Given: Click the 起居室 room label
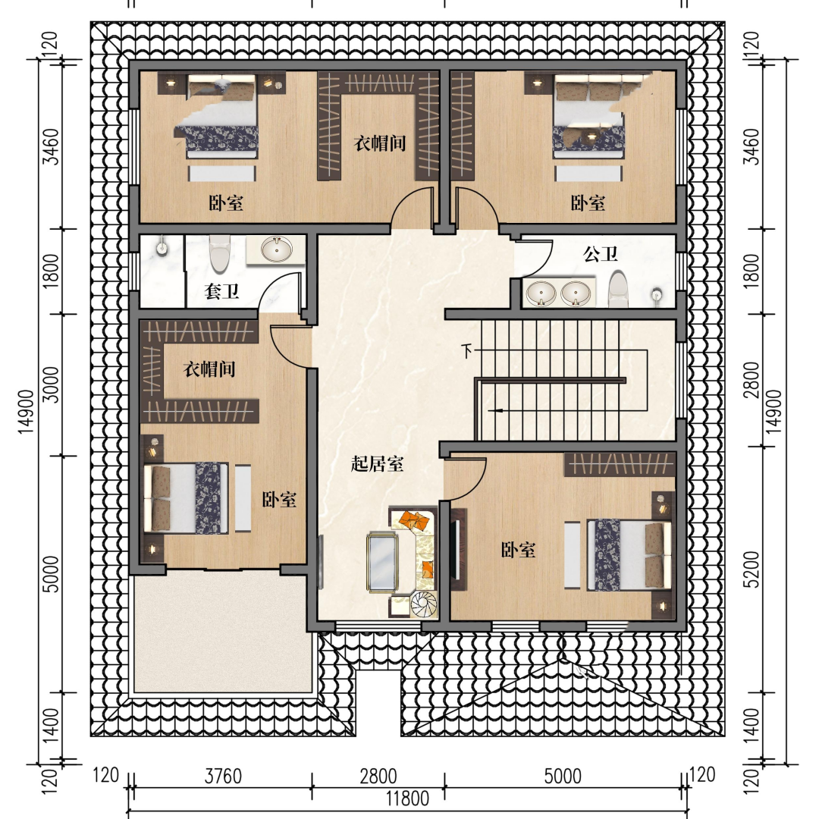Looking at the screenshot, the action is click(377, 463).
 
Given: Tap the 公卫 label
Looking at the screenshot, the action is click(600, 254).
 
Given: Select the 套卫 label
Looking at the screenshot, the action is click(221, 291).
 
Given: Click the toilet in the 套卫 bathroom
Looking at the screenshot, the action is click(219, 253).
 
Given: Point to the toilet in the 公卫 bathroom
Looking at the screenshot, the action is click(618, 289).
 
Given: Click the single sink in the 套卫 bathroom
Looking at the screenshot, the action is click(276, 249).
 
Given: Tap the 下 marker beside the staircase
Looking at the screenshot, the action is click(466, 350).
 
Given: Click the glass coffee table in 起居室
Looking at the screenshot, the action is click(381, 563).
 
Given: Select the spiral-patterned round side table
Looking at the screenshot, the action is click(424, 605).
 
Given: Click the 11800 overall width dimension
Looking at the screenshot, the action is click(407, 799).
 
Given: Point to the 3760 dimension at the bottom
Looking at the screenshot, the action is click(223, 777).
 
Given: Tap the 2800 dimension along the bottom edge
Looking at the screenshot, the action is click(378, 777).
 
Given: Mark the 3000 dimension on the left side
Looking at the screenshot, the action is click(52, 384).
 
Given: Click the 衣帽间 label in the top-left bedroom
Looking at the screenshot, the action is click(380, 143).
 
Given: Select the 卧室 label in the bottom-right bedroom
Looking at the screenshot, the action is click(518, 550).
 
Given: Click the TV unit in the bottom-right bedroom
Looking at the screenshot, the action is click(458, 548).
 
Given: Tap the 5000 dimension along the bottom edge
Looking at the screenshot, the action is click(563, 777).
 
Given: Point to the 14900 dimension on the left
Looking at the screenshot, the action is click(26, 412).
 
